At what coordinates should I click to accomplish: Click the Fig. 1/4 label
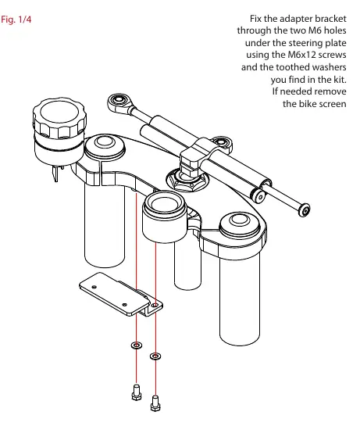click(x=16, y=20)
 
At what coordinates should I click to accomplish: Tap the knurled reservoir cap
click(x=59, y=116)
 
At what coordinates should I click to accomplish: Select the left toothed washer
click(x=137, y=345)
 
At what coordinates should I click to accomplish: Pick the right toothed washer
click(x=155, y=356)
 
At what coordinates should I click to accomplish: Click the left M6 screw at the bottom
click(x=137, y=392)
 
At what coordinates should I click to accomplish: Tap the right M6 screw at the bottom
click(x=155, y=403)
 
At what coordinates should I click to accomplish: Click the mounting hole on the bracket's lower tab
click(x=155, y=306)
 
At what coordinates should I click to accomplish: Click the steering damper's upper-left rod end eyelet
click(x=119, y=101)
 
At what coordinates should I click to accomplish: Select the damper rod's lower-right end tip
click(x=305, y=210)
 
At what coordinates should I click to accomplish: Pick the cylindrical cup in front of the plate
click(x=165, y=217)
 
